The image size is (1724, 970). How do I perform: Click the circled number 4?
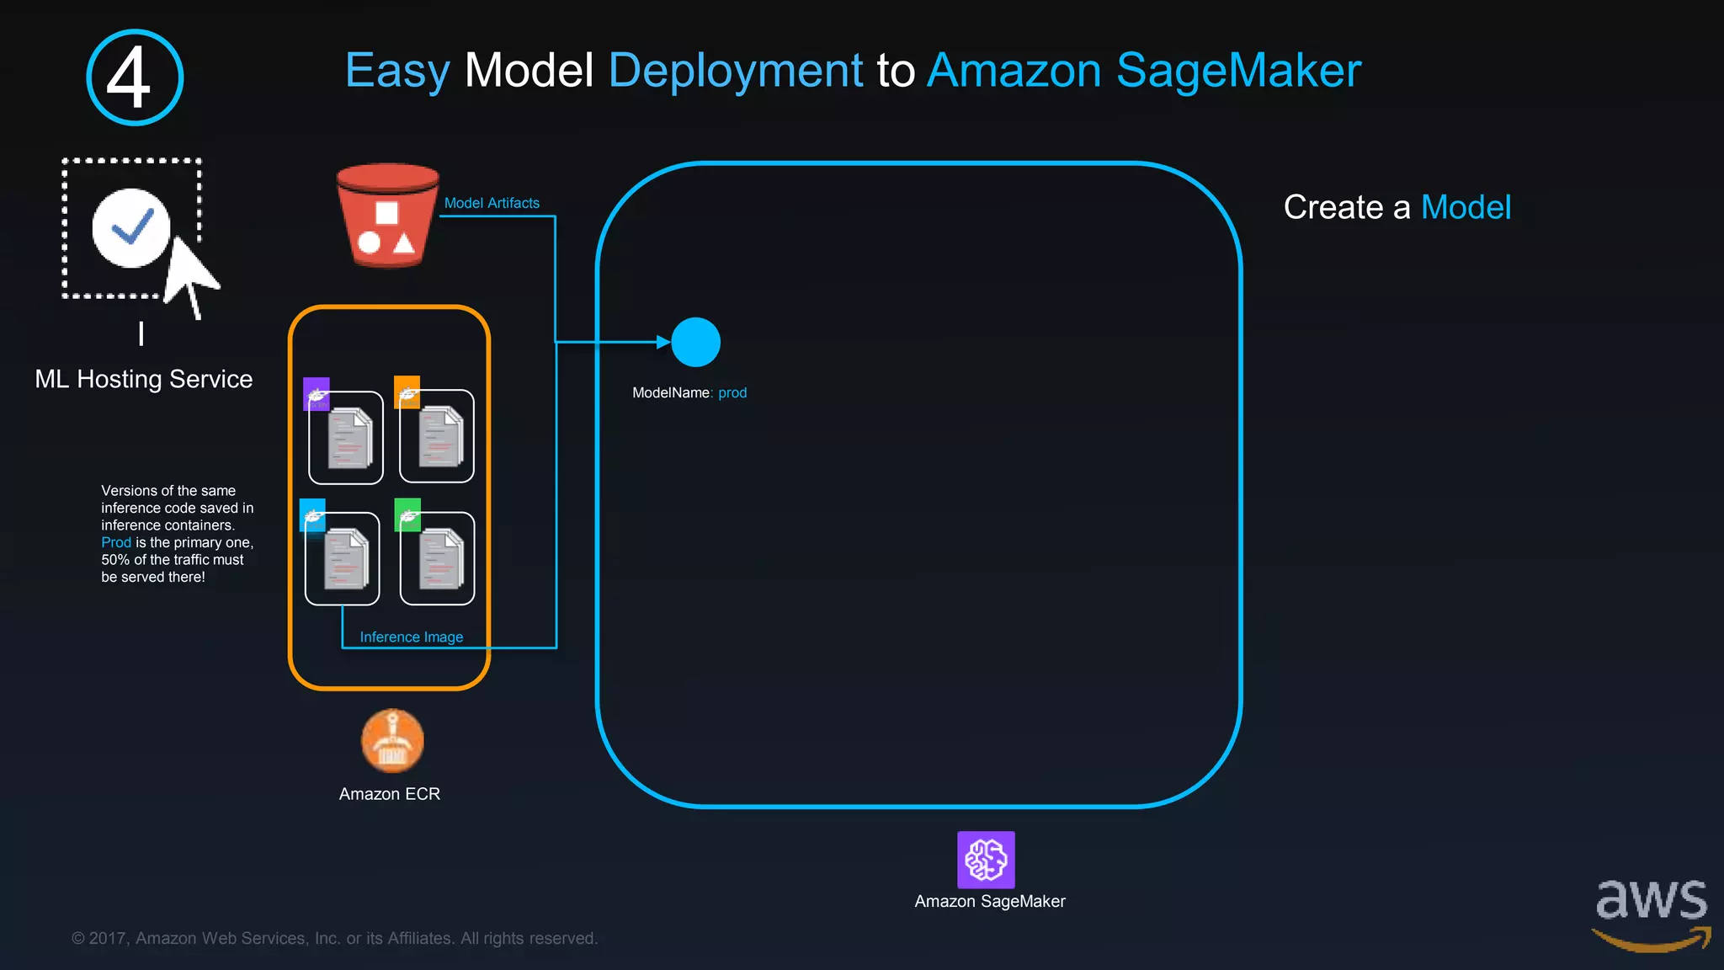[x=135, y=77]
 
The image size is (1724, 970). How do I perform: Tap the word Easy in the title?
[x=397, y=71]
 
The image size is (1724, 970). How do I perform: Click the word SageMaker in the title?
[x=1238, y=71]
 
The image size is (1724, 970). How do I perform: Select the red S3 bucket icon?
[x=387, y=216]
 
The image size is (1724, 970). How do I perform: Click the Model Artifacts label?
[x=492, y=203]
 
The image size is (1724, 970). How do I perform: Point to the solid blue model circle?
[x=695, y=342]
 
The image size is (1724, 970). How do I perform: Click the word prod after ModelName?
[x=732, y=393]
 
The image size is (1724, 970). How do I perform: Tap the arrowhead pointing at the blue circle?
[x=663, y=342]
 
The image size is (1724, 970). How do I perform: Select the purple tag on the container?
[x=317, y=393]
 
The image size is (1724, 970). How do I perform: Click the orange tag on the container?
[x=407, y=392]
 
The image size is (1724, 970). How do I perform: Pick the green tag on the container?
[x=407, y=514]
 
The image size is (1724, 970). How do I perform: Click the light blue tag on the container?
[x=312, y=515]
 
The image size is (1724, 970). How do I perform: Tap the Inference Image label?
[x=412, y=637]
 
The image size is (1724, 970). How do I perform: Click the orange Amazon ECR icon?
[x=392, y=741]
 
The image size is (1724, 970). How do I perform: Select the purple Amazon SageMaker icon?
[x=986, y=860]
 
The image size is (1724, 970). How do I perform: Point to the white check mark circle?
[x=130, y=228]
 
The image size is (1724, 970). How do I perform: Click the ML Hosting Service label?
[x=144, y=379]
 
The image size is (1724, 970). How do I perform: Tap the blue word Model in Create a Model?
[x=1466, y=207]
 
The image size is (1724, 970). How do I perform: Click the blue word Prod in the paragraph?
[x=116, y=542]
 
